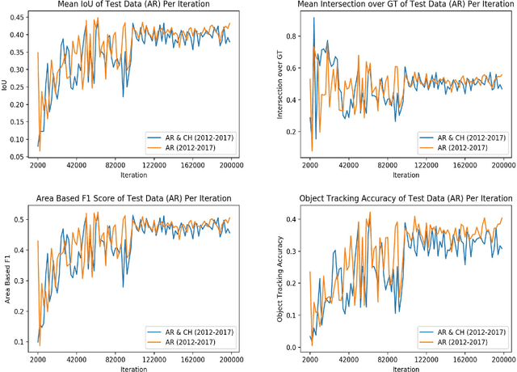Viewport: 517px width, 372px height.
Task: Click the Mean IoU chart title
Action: coord(134,5)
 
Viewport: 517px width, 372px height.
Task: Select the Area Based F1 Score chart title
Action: coord(134,198)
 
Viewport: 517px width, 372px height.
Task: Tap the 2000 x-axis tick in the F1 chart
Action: coord(37,359)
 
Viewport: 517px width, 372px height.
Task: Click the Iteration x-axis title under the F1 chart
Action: coord(134,369)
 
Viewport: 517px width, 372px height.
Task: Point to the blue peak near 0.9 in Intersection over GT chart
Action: coord(314,17)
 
